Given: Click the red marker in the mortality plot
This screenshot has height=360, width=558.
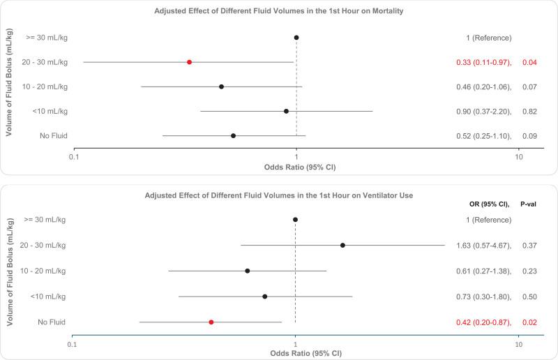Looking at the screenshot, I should click(189, 62).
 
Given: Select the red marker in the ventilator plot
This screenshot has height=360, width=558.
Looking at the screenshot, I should click(211, 322).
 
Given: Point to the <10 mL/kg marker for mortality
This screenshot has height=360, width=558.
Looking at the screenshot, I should click(286, 111).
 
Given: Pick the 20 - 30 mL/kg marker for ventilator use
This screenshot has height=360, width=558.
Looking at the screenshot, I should click(342, 245).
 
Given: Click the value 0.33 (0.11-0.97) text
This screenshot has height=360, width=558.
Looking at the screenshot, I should click(481, 62).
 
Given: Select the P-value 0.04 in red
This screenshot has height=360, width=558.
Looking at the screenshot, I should click(530, 62).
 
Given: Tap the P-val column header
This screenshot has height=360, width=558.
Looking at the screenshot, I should click(533, 204).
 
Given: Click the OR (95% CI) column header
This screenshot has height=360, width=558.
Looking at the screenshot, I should click(490, 204).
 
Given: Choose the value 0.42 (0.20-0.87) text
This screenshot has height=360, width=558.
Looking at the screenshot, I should click(481, 322).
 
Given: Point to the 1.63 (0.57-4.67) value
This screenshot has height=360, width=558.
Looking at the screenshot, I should click(481, 245).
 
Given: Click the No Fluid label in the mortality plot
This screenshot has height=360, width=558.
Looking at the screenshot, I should click(53, 135).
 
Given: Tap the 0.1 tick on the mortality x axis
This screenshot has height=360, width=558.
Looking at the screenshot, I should click(74, 158).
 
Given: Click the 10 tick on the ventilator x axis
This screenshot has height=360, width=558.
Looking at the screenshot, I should click(518, 345).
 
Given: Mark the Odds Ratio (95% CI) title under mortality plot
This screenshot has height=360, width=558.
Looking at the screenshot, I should click(296, 167).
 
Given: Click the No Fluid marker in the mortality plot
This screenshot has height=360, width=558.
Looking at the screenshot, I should click(233, 135).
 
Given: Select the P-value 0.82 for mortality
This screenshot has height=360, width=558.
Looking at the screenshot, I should click(530, 111).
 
